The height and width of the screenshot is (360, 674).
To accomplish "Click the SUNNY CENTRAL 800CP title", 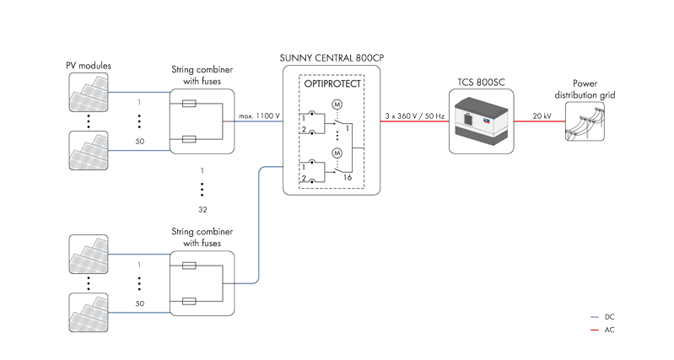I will pyautogui.click(x=331, y=58).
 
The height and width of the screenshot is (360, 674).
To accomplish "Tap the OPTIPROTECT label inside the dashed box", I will pyautogui.click(x=332, y=86).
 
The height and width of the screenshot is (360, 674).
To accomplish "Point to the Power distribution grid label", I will pyautogui.click(x=584, y=89).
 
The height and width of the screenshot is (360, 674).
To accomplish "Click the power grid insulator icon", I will pyautogui.click(x=585, y=122).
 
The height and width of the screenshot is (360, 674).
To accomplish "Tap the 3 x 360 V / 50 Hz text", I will pyautogui.click(x=414, y=113).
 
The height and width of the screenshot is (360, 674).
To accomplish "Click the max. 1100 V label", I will pyautogui.click(x=258, y=113).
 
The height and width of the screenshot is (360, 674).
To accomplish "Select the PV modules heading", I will pyautogui.click(x=89, y=66).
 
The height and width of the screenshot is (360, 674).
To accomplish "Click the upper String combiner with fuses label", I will pyautogui.click(x=202, y=76).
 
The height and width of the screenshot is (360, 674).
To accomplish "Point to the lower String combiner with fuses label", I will pyautogui.click(x=202, y=237).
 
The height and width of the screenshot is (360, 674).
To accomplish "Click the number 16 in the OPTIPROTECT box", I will pyautogui.click(x=346, y=178).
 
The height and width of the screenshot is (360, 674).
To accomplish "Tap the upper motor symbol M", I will pyautogui.click(x=337, y=104).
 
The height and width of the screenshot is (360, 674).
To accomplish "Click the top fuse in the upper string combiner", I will pyautogui.click(x=190, y=105).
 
